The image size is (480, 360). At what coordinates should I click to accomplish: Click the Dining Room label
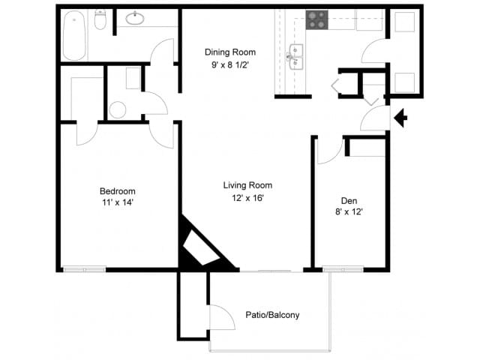(230, 52)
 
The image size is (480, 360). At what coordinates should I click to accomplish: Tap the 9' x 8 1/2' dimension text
(230, 64)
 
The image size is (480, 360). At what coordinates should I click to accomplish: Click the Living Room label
(247, 185)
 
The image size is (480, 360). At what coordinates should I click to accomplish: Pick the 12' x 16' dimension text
(247, 198)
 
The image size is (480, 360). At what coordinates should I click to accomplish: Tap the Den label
(349, 200)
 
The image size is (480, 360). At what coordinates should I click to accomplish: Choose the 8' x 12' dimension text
(349, 212)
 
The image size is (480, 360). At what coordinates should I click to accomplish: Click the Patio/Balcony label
(272, 315)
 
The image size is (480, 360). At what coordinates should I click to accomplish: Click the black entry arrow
(400, 118)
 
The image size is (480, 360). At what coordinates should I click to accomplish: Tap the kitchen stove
(316, 19)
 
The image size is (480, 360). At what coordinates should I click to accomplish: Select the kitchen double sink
(296, 57)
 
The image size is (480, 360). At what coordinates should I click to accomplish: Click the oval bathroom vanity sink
(136, 19)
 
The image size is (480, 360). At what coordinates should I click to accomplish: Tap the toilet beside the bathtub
(101, 20)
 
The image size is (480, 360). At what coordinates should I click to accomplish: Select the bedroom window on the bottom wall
(84, 269)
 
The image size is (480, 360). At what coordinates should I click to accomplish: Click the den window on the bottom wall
(343, 269)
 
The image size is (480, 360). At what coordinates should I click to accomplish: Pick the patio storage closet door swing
(221, 319)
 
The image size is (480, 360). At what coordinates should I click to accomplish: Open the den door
(328, 150)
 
